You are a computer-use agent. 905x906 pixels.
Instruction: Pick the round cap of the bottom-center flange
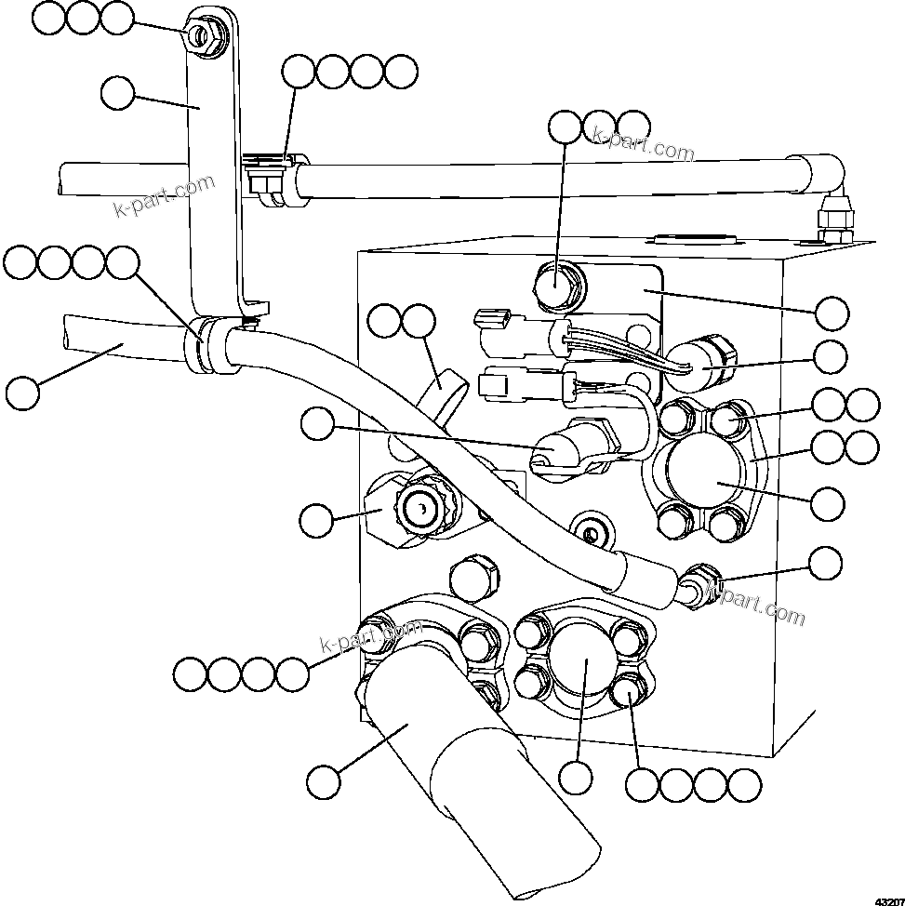583,661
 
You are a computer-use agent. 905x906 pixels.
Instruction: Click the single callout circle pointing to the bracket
118,93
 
